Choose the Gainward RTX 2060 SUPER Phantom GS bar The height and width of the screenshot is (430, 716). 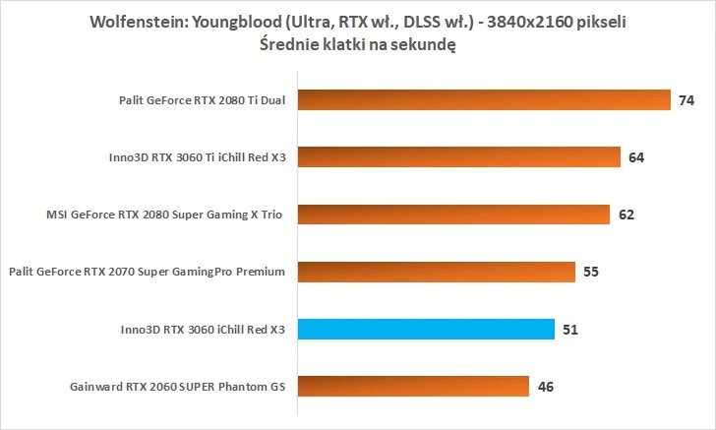[x=414, y=386]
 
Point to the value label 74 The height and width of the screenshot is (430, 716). [x=686, y=99]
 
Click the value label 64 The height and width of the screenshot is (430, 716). [x=636, y=156]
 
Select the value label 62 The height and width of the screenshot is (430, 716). [x=626, y=214]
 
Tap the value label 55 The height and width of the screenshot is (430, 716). [x=591, y=272]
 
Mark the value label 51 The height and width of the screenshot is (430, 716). [x=570, y=329]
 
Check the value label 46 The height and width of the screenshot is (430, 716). [x=546, y=386]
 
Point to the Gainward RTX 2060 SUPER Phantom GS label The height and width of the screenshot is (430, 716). [x=177, y=387]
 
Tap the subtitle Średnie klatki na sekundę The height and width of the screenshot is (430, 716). [x=358, y=43]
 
